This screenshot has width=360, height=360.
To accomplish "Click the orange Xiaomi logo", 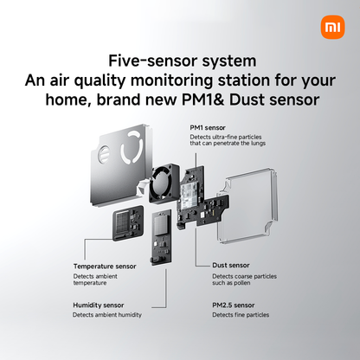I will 332,27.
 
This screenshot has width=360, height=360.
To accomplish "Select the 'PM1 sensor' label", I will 210,127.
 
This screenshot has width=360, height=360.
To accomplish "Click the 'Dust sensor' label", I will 231,266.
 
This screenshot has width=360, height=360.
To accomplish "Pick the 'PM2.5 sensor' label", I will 234,305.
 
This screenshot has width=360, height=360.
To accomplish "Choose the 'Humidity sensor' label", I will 103,305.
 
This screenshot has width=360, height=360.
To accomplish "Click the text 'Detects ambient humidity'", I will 107,315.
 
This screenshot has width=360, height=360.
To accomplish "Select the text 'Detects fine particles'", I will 240,315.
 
